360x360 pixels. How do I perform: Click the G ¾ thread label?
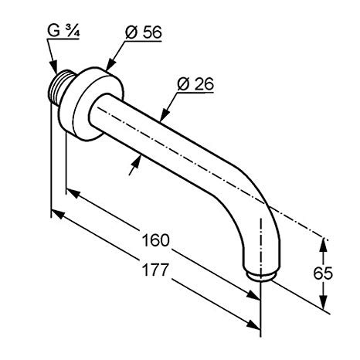click(x=63, y=31)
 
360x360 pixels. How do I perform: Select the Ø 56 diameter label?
click(x=144, y=32)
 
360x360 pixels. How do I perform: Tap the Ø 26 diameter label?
click(x=195, y=84)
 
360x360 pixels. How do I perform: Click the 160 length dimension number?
click(x=155, y=240)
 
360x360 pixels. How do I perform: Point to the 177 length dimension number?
click(x=155, y=270)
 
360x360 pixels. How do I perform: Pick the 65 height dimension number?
click(x=323, y=273)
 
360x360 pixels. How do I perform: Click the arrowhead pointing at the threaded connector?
click(x=54, y=67)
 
